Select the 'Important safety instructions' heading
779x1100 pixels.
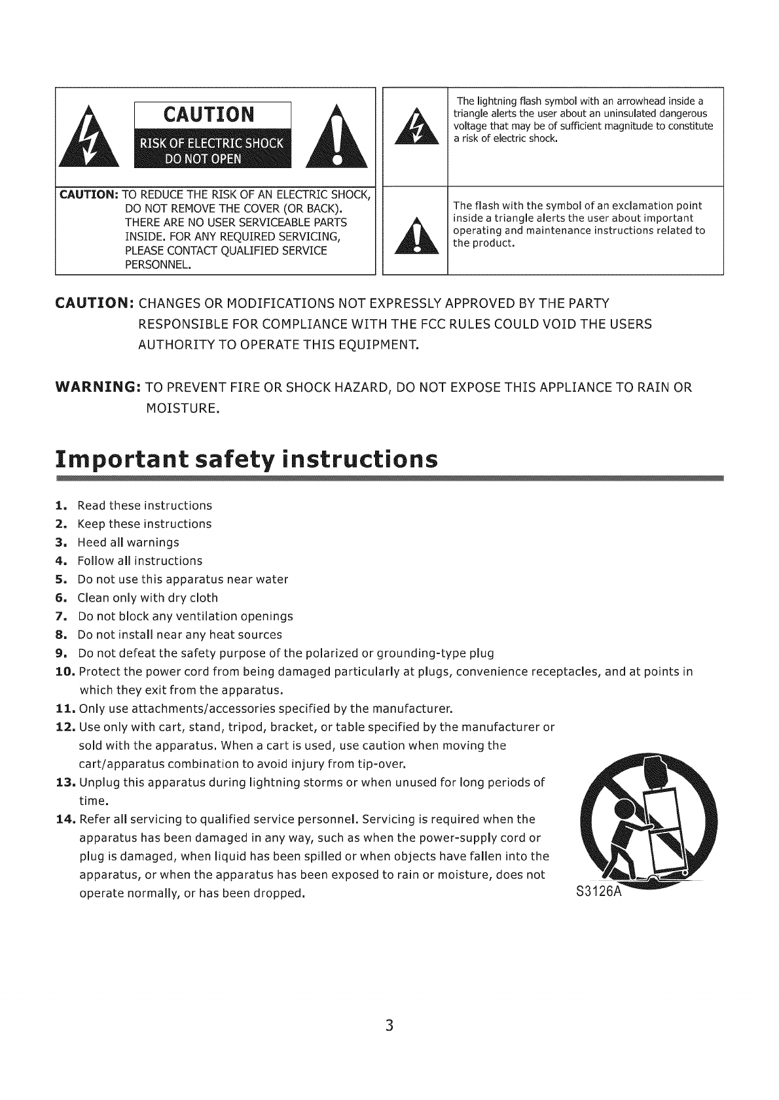(x=246, y=460)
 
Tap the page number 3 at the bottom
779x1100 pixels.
(x=389, y=1025)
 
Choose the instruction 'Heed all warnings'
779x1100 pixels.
(x=128, y=543)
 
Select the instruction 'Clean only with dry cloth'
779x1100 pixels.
(x=147, y=598)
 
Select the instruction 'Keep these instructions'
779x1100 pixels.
(x=144, y=524)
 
